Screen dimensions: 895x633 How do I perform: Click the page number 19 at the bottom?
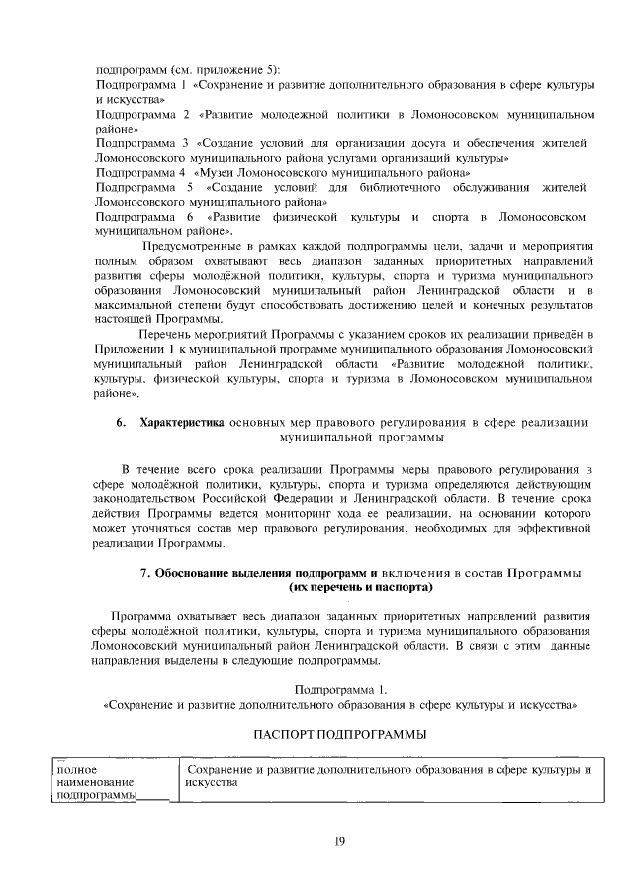(339, 841)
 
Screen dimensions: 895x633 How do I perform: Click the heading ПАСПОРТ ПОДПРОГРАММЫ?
(339, 735)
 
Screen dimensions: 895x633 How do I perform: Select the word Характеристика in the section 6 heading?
(183, 423)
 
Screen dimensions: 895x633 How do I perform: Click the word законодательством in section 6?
(149, 500)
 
